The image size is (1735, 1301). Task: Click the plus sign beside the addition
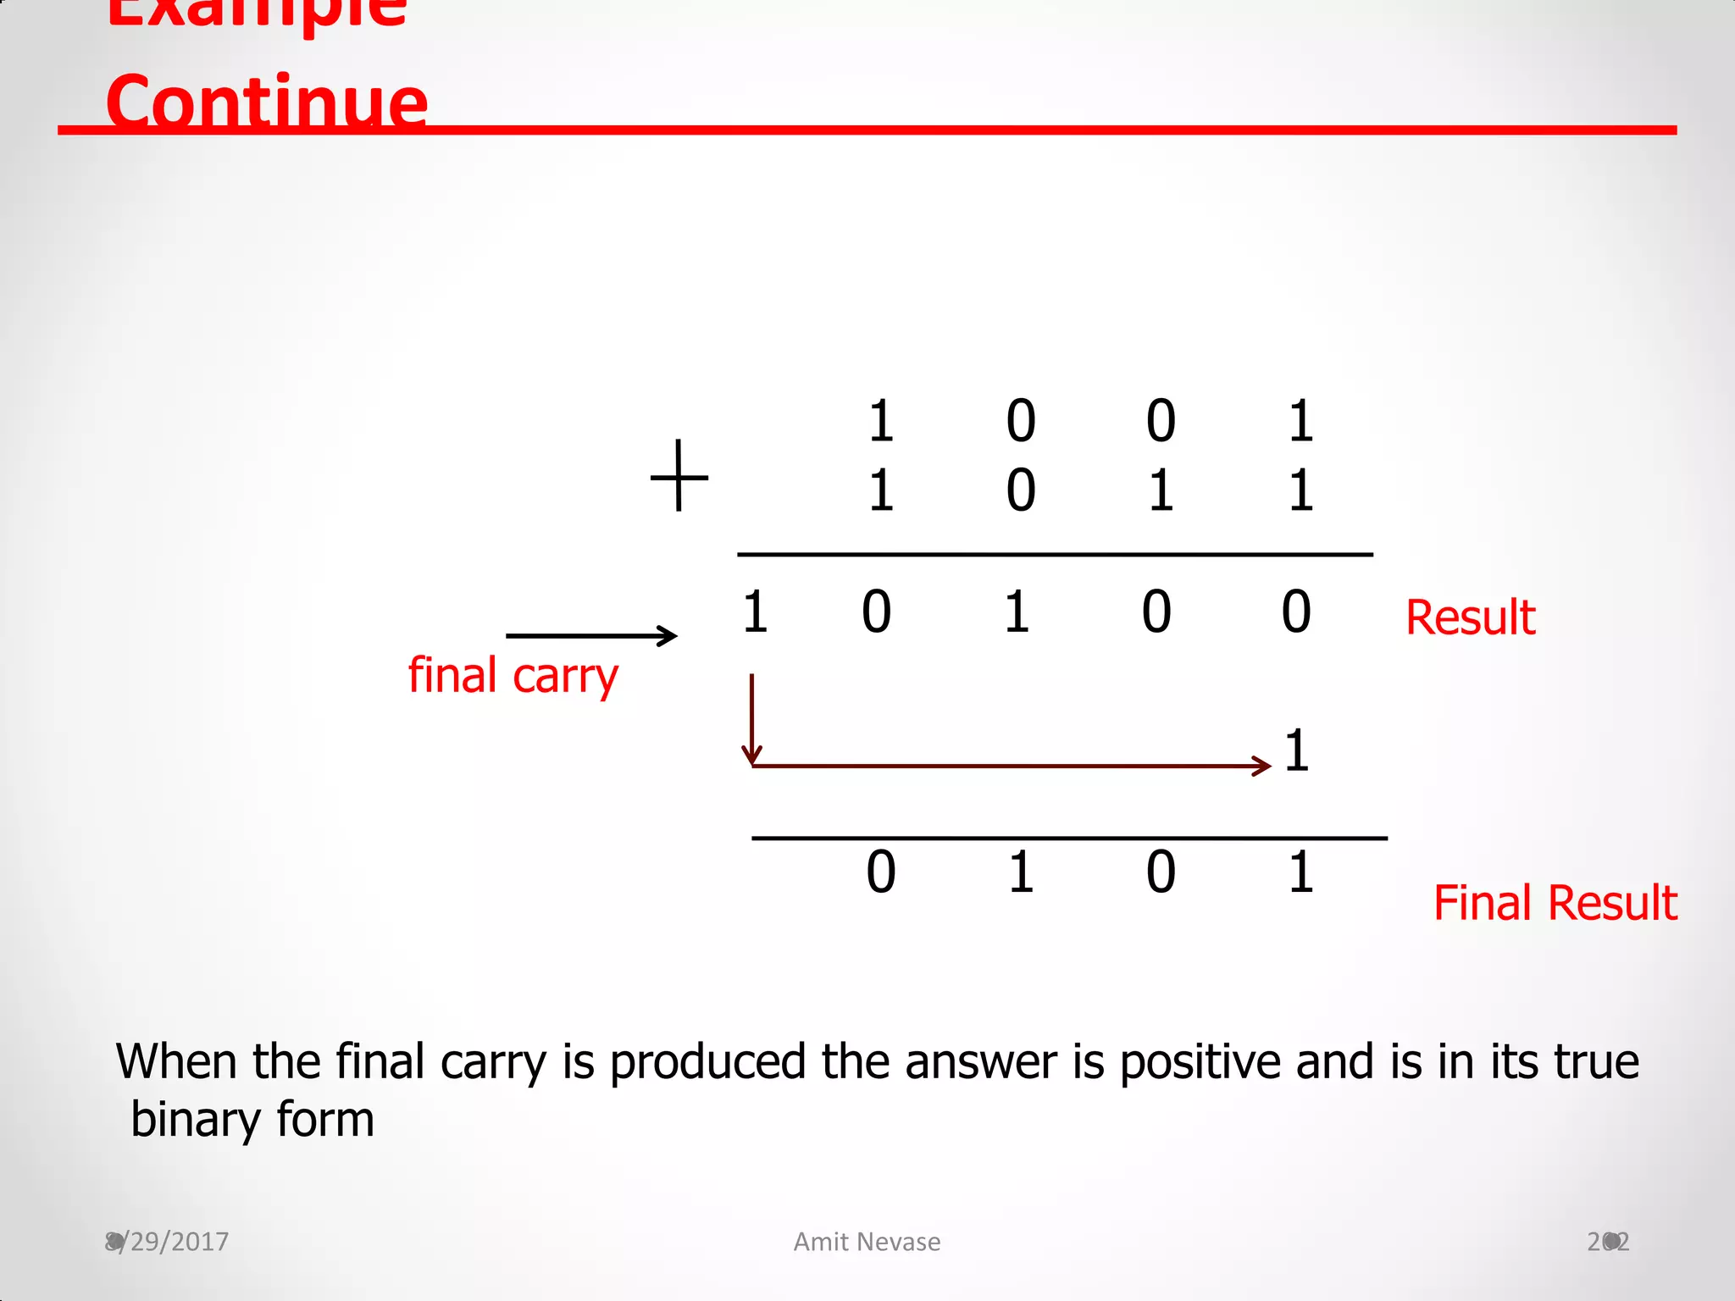coord(679,476)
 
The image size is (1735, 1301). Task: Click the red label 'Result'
coord(1470,617)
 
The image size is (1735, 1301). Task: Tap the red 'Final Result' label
coord(1555,902)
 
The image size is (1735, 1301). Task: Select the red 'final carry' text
coord(513,676)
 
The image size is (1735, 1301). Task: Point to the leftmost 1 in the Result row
coord(755,612)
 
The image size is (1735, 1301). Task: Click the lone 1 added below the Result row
coord(1296,750)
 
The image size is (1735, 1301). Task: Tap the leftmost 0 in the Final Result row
coord(880,872)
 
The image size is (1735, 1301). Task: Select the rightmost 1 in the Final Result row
coord(1301,872)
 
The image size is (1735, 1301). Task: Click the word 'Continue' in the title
coord(267,102)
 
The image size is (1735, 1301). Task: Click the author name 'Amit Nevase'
coord(867,1242)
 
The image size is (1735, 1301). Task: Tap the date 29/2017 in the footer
coord(168,1242)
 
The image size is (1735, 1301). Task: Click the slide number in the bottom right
coord(1608,1242)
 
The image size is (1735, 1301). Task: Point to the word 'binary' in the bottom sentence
coord(192,1120)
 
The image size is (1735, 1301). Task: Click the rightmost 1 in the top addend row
coord(1301,421)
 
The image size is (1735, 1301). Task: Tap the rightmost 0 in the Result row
coord(1296,612)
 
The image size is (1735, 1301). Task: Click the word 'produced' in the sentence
coord(707,1062)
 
